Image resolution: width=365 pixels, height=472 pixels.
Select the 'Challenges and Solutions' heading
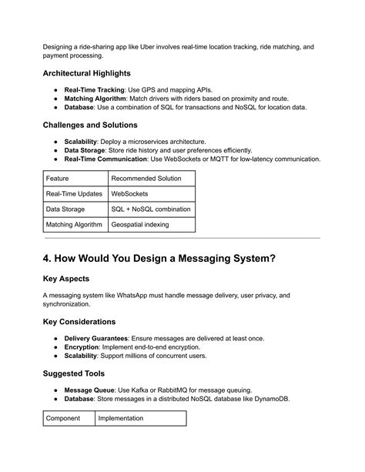coord(90,125)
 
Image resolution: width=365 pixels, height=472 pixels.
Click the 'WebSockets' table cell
coord(130,193)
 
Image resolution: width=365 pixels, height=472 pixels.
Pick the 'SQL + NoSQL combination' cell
coord(151,209)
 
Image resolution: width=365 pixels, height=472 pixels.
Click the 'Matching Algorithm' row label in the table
coord(75,224)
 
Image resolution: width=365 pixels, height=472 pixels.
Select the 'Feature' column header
coord(58,178)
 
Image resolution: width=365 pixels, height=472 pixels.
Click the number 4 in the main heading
coord(48,259)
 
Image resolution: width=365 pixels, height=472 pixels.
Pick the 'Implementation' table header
coord(121,418)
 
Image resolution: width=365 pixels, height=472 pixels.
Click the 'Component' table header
coord(65,418)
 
